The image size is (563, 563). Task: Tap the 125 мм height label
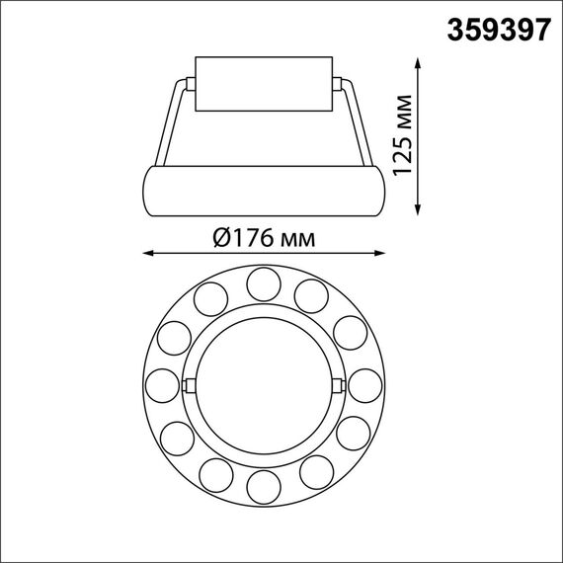[x=403, y=136]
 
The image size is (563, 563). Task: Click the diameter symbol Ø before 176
[x=221, y=237]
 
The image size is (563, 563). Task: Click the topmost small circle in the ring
[x=263, y=283]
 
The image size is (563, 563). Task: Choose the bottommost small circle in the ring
[x=263, y=484]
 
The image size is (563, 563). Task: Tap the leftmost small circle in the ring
[x=163, y=383]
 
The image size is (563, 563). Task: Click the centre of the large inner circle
[x=263, y=383]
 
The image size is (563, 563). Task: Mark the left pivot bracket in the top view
[x=189, y=383]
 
